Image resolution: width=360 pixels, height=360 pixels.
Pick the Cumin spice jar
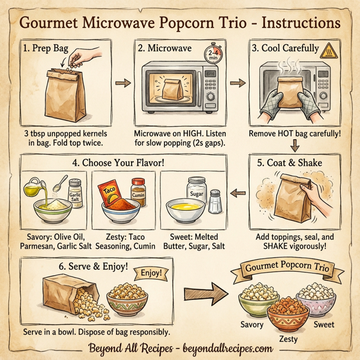tap(139, 191)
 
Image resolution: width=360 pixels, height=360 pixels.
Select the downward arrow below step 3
tap(295, 145)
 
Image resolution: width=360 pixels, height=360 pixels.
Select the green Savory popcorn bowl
tap(254, 302)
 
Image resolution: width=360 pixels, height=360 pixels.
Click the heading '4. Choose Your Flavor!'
tap(119, 162)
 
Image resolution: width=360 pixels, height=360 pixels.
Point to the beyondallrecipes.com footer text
tap(218, 348)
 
